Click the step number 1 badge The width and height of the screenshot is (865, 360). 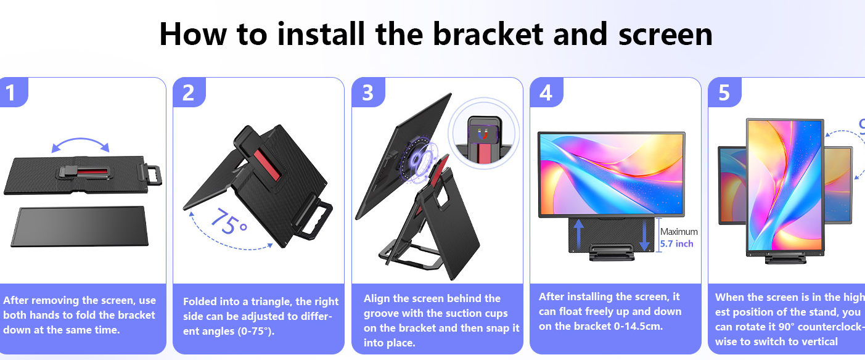tap(13, 92)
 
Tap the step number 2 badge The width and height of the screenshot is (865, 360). tap(189, 92)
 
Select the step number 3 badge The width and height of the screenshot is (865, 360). tap(368, 92)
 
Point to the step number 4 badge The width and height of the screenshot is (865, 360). tap(546, 92)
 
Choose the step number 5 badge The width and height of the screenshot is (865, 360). tap(724, 92)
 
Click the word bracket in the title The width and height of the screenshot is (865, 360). tap(488, 34)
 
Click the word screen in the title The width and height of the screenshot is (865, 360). tap(665, 35)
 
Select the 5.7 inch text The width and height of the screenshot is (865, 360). tap(676, 243)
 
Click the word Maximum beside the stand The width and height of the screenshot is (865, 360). tap(679, 232)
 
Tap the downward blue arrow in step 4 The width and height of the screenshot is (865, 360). tap(644, 235)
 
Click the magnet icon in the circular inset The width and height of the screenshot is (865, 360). tap(482, 135)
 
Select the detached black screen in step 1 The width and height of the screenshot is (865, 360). tap(80, 226)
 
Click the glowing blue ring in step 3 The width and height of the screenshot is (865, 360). tap(419, 160)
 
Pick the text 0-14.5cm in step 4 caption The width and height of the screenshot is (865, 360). tap(638, 326)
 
